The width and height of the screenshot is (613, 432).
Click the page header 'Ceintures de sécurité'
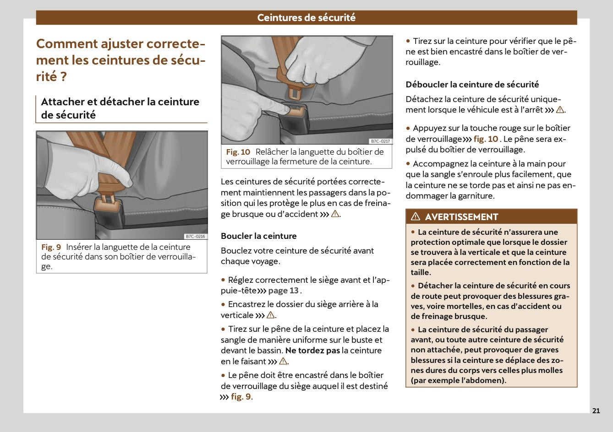tap(306, 18)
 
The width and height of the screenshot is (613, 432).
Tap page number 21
tap(596, 410)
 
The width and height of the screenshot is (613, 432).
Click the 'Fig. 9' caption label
tap(51, 247)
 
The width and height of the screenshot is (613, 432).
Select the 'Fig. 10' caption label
tap(238, 152)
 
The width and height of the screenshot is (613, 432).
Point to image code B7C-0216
tap(195, 237)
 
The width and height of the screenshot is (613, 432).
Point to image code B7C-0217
tap(380, 141)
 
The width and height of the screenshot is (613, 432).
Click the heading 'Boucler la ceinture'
tap(258, 236)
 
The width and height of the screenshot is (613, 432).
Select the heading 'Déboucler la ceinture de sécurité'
tap(472, 85)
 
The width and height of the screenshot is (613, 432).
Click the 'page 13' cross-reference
tap(283, 291)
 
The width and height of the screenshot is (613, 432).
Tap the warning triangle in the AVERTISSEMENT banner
tap(416, 217)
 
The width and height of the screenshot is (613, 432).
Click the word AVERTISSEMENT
tap(461, 217)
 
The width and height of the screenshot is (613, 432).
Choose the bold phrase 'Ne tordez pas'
tap(312, 351)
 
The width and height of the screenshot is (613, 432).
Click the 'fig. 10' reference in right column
tap(486, 139)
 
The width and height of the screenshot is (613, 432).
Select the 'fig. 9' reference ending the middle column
tap(241, 397)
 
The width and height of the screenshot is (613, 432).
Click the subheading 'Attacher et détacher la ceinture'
tap(120, 102)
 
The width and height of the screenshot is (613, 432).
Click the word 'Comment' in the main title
tap(67, 44)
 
